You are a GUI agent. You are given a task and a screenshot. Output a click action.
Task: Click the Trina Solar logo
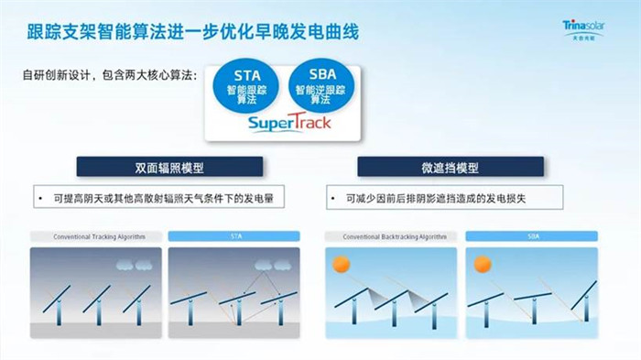coord(596,29)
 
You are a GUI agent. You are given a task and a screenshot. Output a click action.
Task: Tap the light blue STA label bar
coord(236,236)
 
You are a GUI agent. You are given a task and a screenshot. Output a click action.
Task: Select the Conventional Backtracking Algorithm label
coord(393,236)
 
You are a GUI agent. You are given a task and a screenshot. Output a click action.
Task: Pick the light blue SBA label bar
coord(531,236)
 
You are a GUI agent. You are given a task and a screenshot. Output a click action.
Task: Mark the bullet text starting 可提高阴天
coord(152,198)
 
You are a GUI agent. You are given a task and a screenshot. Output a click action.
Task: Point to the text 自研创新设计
coord(110,75)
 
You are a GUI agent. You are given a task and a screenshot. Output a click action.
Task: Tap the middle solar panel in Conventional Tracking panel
coord(97,297)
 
